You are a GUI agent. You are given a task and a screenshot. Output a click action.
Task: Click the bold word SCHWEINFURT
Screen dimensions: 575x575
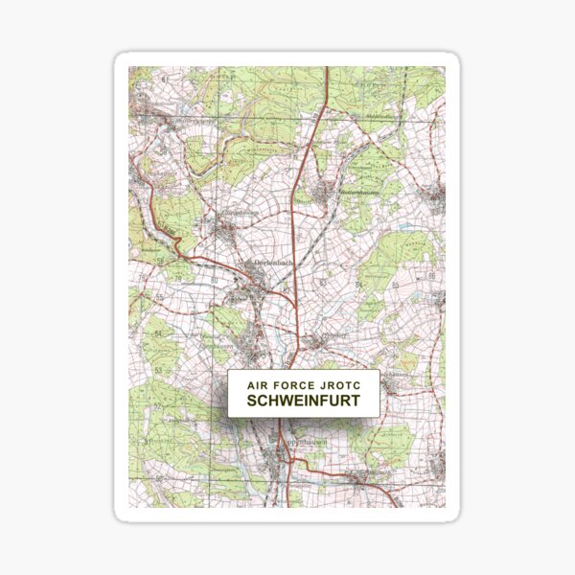[x=304, y=401]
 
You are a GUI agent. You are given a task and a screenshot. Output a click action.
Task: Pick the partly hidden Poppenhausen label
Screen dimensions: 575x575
[x=305, y=442]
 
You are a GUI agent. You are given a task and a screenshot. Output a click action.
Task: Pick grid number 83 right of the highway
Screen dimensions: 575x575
[x=324, y=284]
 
